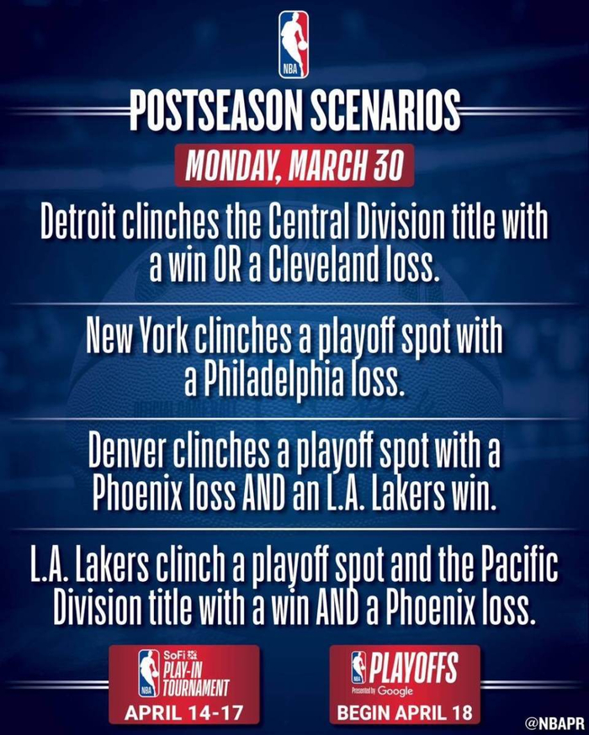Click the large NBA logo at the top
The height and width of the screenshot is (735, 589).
pyautogui.click(x=294, y=45)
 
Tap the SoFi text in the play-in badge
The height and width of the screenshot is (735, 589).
pyautogui.click(x=172, y=655)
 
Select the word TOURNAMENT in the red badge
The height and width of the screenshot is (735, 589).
pyautogui.click(x=195, y=689)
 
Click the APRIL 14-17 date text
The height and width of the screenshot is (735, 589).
pyautogui.click(x=183, y=712)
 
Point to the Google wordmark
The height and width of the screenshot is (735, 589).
pyautogui.click(x=395, y=691)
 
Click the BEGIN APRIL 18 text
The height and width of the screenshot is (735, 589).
pyautogui.click(x=405, y=712)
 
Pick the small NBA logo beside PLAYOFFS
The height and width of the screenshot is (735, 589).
pyautogui.click(x=358, y=667)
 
